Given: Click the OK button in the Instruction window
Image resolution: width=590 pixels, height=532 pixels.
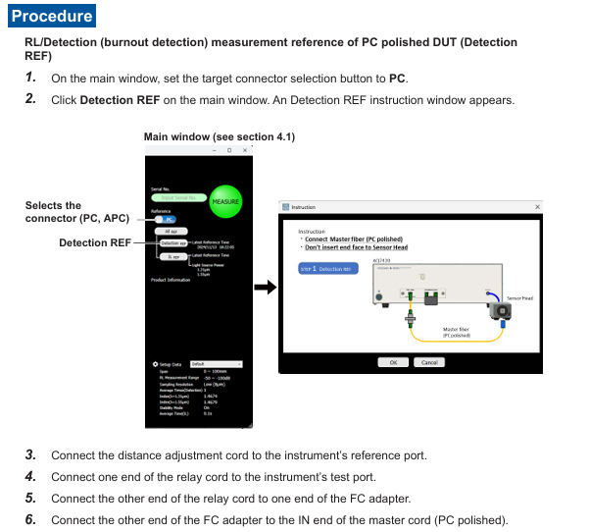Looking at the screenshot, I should click(x=393, y=362).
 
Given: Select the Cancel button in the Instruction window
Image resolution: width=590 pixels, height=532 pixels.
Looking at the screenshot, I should click(x=428, y=362).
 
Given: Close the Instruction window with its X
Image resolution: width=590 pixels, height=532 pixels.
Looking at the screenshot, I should click(x=537, y=207).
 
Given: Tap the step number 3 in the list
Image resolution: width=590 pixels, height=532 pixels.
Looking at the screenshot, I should click(x=30, y=454).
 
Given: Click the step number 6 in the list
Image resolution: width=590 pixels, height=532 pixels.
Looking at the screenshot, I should click(x=30, y=519).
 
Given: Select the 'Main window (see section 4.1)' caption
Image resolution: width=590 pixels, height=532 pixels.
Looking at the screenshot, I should click(x=219, y=136).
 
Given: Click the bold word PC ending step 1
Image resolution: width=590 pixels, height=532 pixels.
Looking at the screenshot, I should click(x=397, y=79).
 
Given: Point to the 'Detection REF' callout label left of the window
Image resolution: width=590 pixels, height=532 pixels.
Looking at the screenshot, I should click(x=93, y=242).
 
